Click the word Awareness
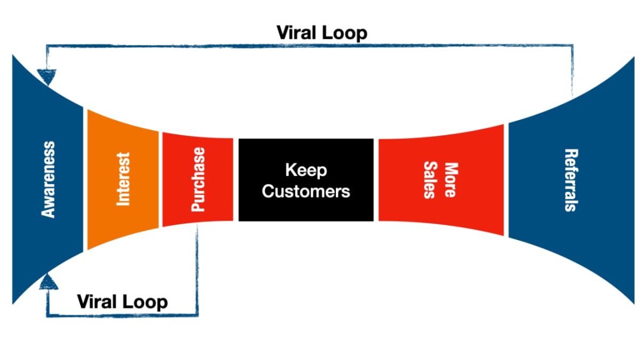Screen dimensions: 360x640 [49, 179]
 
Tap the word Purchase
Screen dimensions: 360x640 [198, 180]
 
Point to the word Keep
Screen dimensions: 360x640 [306, 171]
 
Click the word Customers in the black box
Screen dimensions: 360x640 [306, 191]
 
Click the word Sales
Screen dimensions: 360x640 [430, 180]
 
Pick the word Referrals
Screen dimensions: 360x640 [570, 180]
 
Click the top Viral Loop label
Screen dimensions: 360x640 [322, 33]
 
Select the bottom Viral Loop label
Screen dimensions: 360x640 [123, 302]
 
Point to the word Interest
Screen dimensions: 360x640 [123, 179]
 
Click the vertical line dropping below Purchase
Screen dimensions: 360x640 [197, 267]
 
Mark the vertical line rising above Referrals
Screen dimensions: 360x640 [572, 69]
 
